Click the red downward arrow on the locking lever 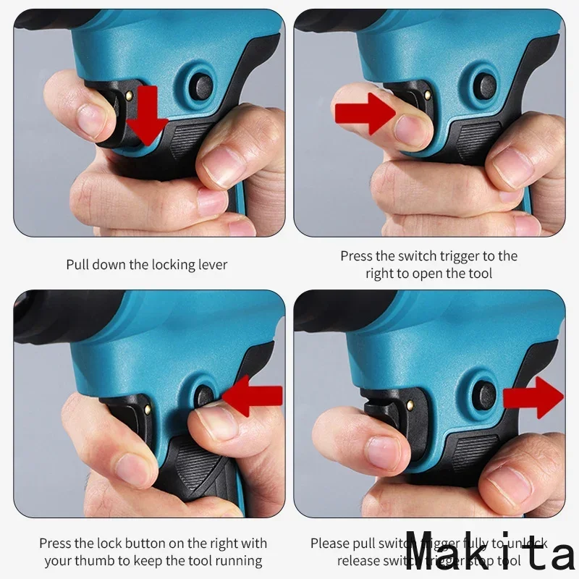[148, 116]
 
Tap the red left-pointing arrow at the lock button [253, 396]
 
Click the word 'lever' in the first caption [211, 264]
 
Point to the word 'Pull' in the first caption [78, 264]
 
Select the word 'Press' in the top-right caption [357, 256]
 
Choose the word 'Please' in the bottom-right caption [329, 543]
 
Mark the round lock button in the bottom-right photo [481, 395]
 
